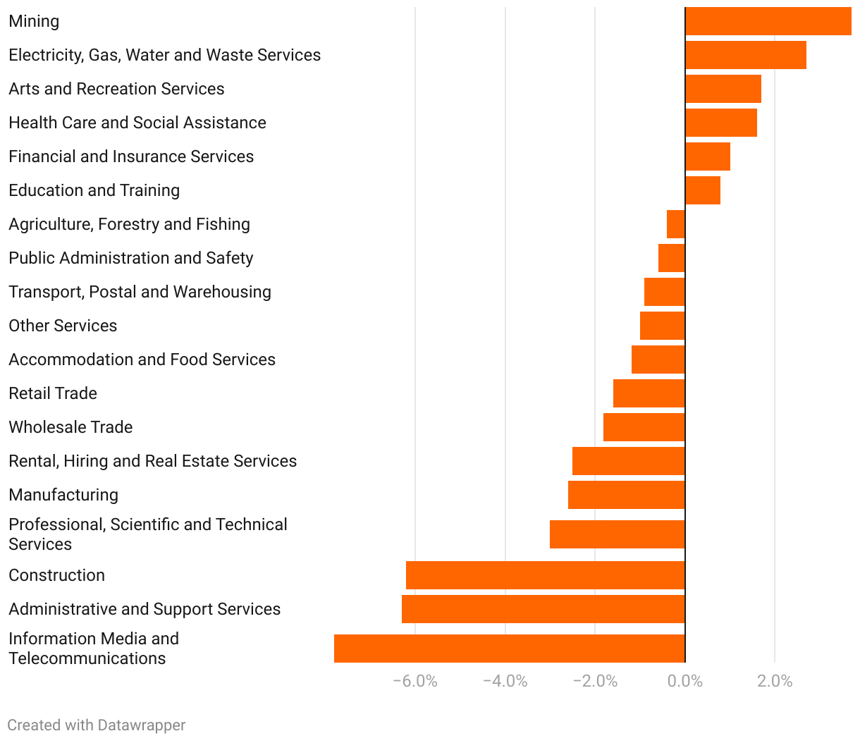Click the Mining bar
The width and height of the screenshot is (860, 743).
point(768,21)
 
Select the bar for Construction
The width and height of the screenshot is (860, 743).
point(546,575)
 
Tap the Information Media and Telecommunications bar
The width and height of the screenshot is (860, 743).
point(510,649)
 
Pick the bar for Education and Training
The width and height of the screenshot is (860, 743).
point(703,190)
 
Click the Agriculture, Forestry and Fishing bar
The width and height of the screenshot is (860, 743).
point(676,224)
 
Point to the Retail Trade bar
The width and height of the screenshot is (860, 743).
point(649,393)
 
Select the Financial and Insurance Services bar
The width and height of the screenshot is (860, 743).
point(708,156)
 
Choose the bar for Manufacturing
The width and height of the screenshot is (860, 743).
point(627,495)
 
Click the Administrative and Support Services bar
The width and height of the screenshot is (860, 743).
point(543,609)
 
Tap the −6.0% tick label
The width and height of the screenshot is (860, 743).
point(415,681)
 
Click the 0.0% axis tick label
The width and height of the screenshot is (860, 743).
point(685,681)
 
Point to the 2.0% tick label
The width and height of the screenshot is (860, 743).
point(775,681)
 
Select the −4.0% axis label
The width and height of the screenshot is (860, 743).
point(505,681)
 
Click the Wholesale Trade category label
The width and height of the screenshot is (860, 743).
point(70,427)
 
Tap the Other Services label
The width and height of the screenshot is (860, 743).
point(63,326)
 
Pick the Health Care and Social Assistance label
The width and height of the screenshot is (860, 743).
point(137,123)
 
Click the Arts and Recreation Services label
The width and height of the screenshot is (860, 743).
point(116,89)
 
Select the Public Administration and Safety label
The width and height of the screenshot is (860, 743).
point(130,258)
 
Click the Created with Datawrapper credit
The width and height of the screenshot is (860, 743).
point(97,725)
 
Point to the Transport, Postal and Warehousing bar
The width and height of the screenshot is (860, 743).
point(665,292)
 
